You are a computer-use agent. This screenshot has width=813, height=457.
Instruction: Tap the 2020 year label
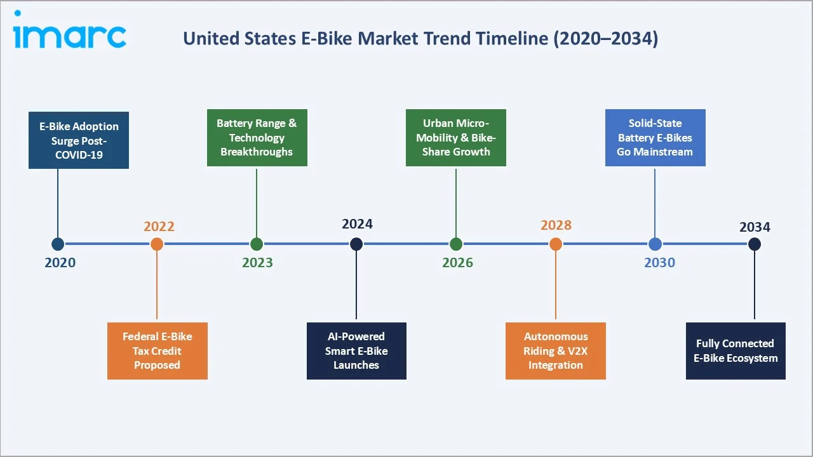[x=60, y=263]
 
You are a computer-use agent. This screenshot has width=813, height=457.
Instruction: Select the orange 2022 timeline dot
[x=157, y=244]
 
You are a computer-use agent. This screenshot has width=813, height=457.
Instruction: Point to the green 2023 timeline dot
[x=257, y=244]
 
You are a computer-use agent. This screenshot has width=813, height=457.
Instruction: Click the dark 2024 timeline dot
[x=356, y=244]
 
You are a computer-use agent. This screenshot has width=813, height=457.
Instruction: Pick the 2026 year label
[x=457, y=263]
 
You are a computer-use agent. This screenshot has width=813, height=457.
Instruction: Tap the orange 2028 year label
[x=556, y=225]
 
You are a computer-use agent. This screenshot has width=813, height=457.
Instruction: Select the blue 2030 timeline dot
[x=655, y=244]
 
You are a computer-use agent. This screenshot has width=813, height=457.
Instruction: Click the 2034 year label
[x=755, y=227]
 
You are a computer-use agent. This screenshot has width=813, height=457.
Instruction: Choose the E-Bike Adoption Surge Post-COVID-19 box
[x=79, y=140]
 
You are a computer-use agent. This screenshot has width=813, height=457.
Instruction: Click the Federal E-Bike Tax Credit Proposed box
[x=157, y=351]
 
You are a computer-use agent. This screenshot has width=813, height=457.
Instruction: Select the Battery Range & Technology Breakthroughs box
[x=257, y=138]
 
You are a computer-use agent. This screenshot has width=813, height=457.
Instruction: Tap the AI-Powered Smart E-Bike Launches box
[x=356, y=351]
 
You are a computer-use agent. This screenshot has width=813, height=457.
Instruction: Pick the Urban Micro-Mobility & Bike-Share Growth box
[x=456, y=138]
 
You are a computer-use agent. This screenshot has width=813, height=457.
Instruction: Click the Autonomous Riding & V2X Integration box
[x=556, y=351]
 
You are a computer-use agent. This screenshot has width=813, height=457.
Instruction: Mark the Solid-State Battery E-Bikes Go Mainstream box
[x=655, y=138]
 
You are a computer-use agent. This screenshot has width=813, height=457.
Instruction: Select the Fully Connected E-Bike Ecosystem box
[x=736, y=351]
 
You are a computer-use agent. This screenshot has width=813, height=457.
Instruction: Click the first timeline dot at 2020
[x=58, y=244]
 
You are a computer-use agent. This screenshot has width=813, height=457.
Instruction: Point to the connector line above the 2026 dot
[x=456, y=202]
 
